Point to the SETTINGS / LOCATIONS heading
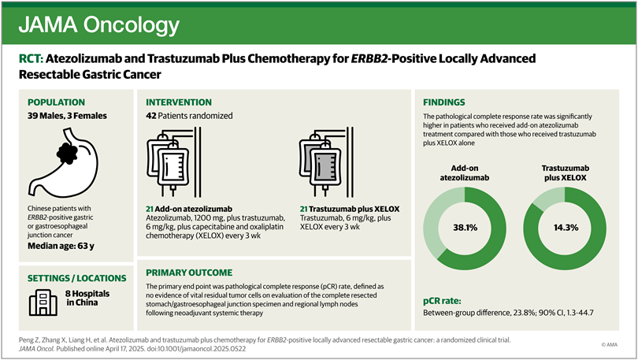[76, 278]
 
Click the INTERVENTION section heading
[179, 102]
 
